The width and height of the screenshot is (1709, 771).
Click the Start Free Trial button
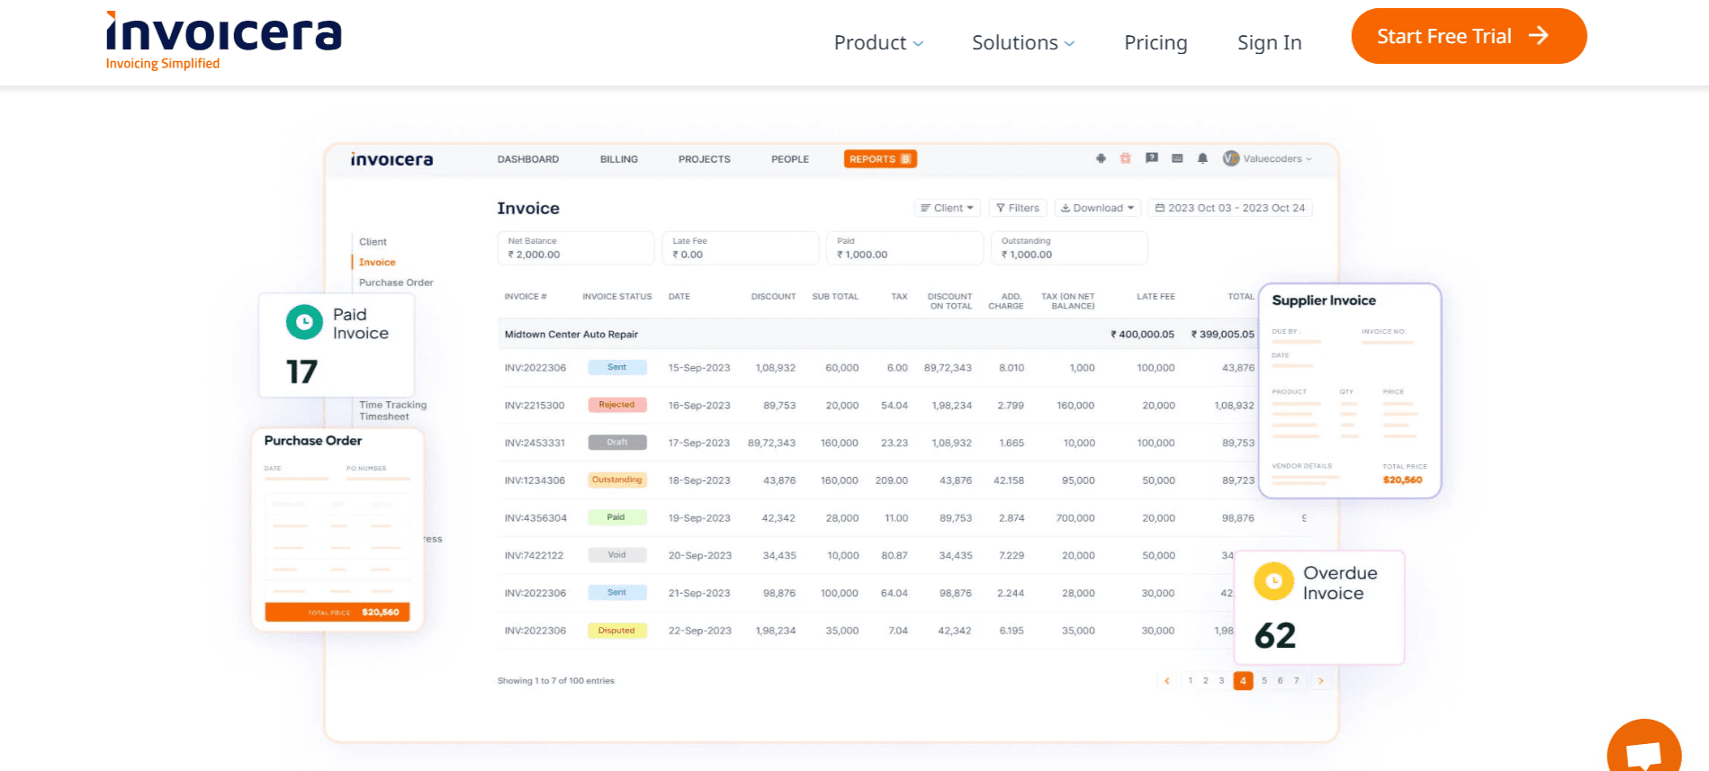click(1468, 37)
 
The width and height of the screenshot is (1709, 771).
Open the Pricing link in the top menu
click(1156, 43)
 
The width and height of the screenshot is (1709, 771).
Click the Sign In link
click(1269, 43)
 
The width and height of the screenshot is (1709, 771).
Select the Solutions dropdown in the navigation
click(1022, 43)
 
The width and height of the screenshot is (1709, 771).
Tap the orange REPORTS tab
click(879, 159)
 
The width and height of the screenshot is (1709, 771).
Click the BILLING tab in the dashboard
click(619, 159)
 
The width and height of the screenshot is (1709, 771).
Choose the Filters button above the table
click(1018, 208)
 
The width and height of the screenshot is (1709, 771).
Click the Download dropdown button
click(1097, 208)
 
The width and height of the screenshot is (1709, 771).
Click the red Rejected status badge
click(616, 405)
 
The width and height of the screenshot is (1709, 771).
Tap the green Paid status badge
click(616, 517)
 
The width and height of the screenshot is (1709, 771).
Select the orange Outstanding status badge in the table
click(616, 480)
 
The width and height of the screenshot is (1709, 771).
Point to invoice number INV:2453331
click(535, 443)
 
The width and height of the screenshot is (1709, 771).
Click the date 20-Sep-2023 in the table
click(699, 555)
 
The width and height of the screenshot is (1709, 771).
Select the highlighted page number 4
click(1243, 681)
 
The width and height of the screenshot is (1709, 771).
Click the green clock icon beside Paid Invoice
click(304, 322)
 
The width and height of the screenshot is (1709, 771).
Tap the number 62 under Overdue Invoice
click(1275, 636)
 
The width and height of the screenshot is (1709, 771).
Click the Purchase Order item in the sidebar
click(396, 282)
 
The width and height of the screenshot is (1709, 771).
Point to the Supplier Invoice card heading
click(1323, 300)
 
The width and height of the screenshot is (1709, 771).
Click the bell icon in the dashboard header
click(1202, 158)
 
